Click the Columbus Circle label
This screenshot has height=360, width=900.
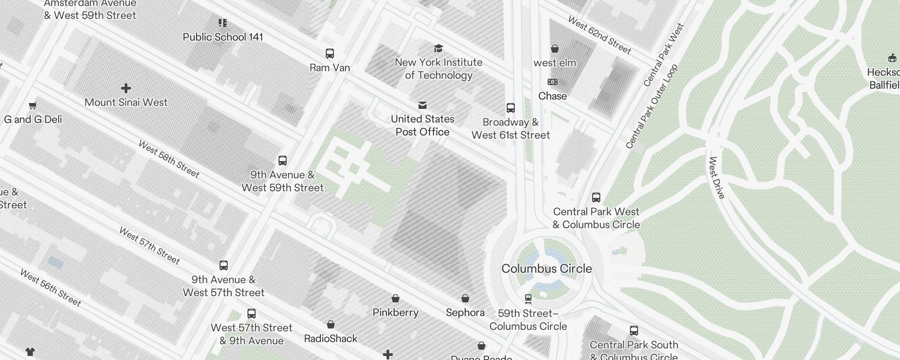[x=546, y=269]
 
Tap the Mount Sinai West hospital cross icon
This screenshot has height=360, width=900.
[x=126, y=88]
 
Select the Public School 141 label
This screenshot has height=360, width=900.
[x=223, y=37]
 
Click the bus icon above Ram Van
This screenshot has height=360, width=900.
[x=330, y=54]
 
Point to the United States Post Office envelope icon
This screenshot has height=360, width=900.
[x=423, y=105]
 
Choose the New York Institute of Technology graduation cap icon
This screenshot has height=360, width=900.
[x=438, y=49]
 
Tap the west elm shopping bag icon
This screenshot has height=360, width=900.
[x=555, y=49]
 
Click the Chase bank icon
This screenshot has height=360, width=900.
[x=553, y=82]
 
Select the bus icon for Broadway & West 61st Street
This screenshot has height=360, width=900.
[x=511, y=108]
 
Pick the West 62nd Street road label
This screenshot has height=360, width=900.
[x=599, y=35]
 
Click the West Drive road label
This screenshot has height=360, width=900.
[x=717, y=178]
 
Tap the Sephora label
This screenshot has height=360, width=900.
[x=465, y=312]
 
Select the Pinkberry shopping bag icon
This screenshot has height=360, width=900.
[x=396, y=298]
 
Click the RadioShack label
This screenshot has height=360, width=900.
[x=331, y=338]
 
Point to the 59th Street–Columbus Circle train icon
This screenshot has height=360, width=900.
[x=528, y=299]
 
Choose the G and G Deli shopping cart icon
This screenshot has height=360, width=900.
[x=32, y=106]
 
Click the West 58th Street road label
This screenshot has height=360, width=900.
[x=169, y=159]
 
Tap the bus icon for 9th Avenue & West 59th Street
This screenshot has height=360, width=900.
[x=283, y=161]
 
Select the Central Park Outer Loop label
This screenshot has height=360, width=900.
[x=652, y=107]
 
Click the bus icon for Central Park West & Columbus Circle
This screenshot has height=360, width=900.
[x=596, y=198]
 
